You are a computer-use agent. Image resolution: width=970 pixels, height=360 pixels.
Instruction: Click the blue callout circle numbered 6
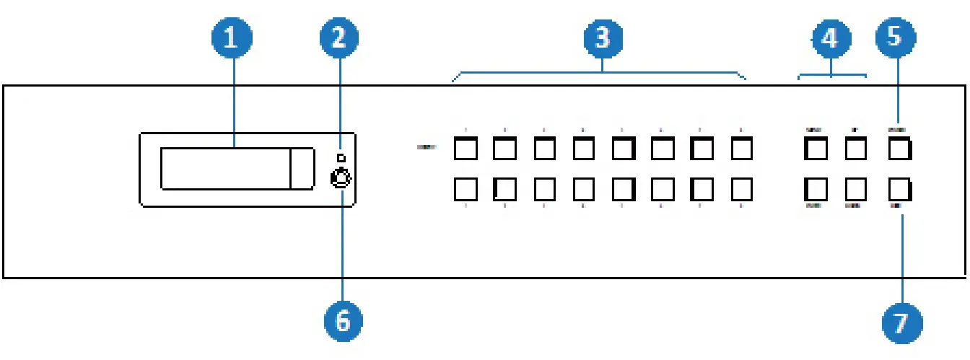point(343,317)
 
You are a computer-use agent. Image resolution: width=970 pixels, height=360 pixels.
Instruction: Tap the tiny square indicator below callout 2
point(342,158)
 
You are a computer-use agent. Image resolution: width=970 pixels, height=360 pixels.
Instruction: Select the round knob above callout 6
point(341,177)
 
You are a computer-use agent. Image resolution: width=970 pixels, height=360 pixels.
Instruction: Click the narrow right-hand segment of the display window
point(302,169)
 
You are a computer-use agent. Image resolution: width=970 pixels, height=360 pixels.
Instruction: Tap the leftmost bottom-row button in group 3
point(465,190)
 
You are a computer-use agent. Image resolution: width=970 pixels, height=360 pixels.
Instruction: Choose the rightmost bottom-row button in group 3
point(742,190)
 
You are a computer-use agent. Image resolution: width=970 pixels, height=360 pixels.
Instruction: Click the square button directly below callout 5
point(899,149)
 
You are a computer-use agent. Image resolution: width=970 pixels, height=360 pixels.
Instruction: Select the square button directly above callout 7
point(899,190)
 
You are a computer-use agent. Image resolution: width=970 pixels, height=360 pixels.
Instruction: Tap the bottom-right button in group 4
point(856,190)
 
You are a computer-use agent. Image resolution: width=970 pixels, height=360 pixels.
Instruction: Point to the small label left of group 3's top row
point(426,148)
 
